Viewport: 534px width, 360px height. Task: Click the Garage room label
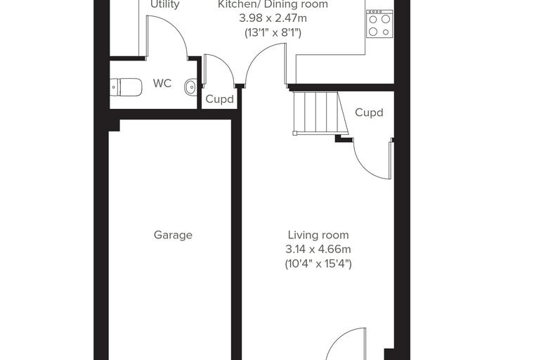[173, 236]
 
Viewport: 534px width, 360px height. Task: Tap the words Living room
[318, 236]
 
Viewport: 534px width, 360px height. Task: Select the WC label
[162, 83]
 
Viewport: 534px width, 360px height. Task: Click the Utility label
[165, 4]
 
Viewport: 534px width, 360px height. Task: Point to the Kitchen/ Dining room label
[273, 4]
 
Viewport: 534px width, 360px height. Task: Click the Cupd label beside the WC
[220, 99]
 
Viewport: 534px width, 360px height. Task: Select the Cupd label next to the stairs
[369, 112]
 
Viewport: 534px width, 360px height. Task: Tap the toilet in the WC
[126, 88]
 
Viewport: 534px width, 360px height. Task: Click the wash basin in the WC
[190, 86]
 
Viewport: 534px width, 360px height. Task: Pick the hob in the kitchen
[379, 23]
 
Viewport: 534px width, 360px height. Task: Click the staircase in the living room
[320, 112]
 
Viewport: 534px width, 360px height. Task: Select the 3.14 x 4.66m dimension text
[318, 250]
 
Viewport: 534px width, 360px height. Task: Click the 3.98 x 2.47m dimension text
[273, 18]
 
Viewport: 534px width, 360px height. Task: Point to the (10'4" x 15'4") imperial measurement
[318, 264]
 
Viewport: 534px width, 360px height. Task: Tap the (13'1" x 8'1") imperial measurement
[273, 33]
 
